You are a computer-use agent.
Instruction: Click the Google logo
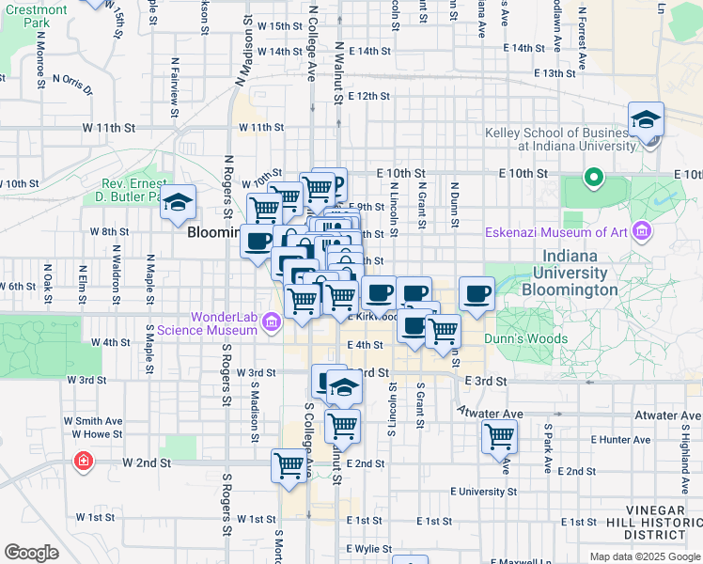tap(31, 553)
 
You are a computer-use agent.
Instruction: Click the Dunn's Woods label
tap(525, 338)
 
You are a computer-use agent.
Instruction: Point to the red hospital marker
tap(84, 461)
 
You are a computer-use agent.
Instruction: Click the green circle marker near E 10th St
tap(593, 176)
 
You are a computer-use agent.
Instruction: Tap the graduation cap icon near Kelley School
tap(647, 120)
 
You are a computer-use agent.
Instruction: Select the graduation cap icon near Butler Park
tap(177, 203)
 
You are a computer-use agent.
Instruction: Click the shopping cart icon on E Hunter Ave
tap(499, 436)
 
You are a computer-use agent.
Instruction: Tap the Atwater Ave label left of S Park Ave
tap(491, 414)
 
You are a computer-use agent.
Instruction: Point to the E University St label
tap(482, 491)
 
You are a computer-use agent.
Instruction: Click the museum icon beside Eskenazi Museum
tap(642, 230)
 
